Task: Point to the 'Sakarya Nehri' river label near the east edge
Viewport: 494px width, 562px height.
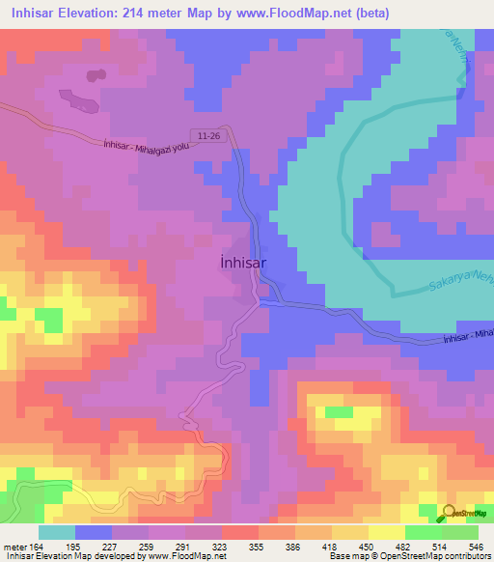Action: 453,285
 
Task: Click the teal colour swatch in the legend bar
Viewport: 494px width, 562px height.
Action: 57,532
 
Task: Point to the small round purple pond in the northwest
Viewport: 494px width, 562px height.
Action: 95,74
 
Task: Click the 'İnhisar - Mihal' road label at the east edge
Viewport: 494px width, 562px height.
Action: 468,336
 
